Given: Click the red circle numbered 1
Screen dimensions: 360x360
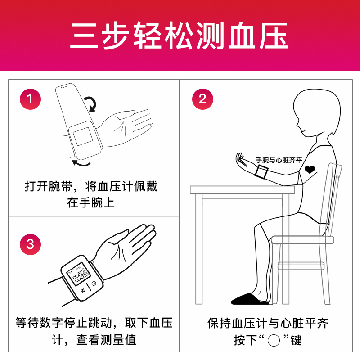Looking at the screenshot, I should pyautogui.click(x=30, y=99).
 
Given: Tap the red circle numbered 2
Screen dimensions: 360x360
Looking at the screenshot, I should pyautogui.click(x=202, y=99).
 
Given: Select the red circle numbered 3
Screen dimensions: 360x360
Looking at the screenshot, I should pyautogui.click(x=30, y=244).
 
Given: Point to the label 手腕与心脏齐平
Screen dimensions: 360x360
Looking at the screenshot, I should pyautogui.click(x=279, y=160).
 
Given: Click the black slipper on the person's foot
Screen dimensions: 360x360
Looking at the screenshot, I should pyautogui.click(x=249, y=298).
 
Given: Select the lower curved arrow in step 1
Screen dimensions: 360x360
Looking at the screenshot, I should pyautogui.click(x=81, y=162).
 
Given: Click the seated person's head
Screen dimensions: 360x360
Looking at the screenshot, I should pyautogui.click(x=315, y=112).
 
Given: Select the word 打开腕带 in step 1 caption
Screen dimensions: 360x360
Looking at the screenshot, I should pyautogui.click(x=47, y=186).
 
